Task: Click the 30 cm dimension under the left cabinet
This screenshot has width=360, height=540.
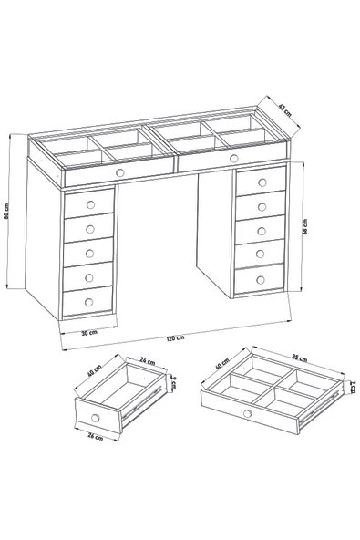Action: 88,332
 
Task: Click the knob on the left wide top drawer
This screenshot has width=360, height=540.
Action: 119,171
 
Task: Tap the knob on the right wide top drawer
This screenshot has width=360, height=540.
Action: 233,159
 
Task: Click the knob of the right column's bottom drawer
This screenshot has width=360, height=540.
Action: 260,278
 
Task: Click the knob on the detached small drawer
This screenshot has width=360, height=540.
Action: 96,417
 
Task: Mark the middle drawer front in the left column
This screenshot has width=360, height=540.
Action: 88,250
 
